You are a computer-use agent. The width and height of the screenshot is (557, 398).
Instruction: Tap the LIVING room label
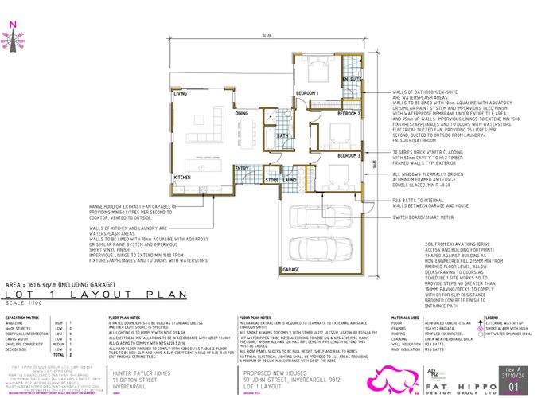pos(181,94)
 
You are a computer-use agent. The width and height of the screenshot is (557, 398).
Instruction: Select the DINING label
pos(242,114)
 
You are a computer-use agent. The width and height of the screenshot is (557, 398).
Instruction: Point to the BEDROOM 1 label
pos(307,93)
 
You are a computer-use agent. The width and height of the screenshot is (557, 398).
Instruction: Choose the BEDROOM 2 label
pos(349,114)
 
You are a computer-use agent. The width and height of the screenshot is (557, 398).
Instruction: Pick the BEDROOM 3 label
pos(349,154)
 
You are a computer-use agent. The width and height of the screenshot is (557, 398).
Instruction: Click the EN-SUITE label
pos(353,80)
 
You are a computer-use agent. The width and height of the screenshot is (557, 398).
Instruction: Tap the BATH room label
pos(282,136)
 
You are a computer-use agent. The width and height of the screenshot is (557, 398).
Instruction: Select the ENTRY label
pos(243,168)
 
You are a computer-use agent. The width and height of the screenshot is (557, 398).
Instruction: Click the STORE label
pos(272,181)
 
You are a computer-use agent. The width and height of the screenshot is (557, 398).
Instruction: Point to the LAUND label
pos(290,181)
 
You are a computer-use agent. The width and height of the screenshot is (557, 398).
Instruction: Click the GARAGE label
pos(290,271)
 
